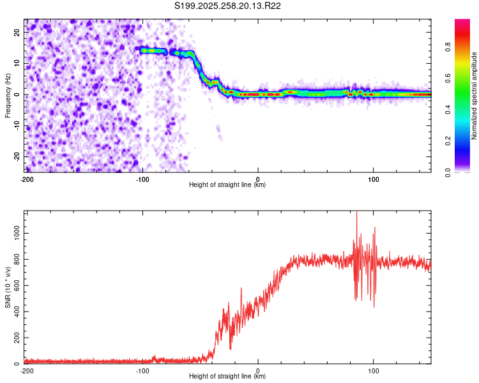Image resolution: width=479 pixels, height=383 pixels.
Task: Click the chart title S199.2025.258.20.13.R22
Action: click(228, 6)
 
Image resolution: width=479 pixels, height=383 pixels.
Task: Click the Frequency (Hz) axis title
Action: click(8, 95)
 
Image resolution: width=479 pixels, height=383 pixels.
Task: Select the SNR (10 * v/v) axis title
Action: click(8, 288)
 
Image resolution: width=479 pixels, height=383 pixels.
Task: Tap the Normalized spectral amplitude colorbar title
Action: click(474, 96)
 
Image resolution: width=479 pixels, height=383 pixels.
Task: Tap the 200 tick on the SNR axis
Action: click(16, 338)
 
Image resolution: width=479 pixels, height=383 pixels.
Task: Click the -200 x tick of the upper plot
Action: click(26, 179)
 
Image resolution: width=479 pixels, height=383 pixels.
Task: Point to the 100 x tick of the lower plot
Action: click(373, 370)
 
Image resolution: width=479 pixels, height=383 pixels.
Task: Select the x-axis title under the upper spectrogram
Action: click(227, 185)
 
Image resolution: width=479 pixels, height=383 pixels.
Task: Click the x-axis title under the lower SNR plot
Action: click(227, 377)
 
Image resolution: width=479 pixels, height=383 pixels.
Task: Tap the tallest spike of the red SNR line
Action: click(356, 213)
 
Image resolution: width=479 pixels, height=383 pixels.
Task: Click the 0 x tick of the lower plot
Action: click(258, 370)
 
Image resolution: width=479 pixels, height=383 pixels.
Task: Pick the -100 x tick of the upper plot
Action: click(142, 179)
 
